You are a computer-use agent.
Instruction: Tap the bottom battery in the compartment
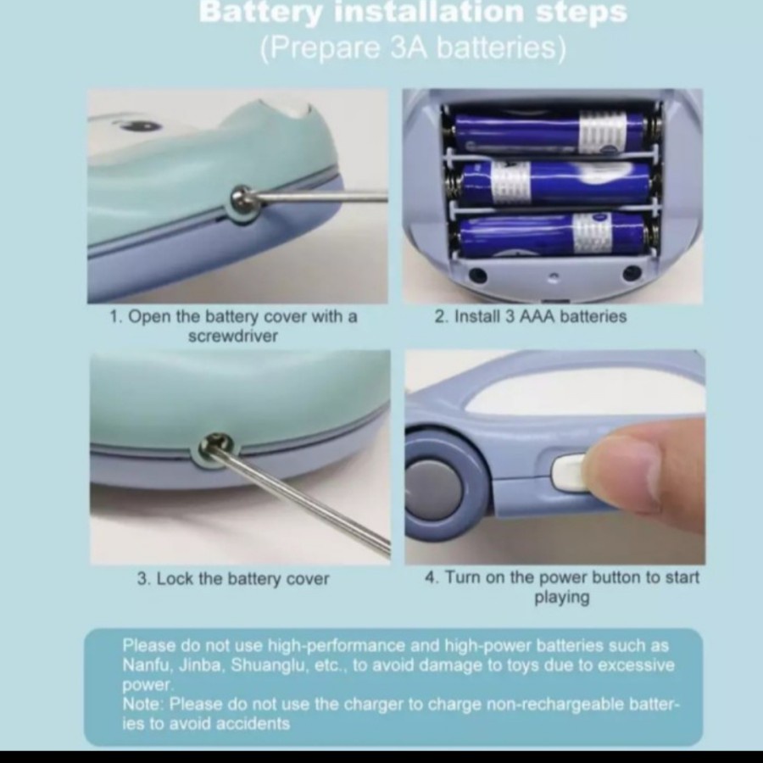tap(552, 235)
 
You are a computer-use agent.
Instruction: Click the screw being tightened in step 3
tap(214, 445)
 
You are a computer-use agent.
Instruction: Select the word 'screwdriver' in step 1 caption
tap(232, 337)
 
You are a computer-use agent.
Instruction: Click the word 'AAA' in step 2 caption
tap(537, 317)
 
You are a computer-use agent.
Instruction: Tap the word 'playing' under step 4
tap(562, 597)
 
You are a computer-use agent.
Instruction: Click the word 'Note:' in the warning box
tap(143, 705)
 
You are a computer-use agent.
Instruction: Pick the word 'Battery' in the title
tap(260, 12)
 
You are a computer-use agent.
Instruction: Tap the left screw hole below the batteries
tap(477, 276)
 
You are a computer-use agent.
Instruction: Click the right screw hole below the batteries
tap(632, 273)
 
